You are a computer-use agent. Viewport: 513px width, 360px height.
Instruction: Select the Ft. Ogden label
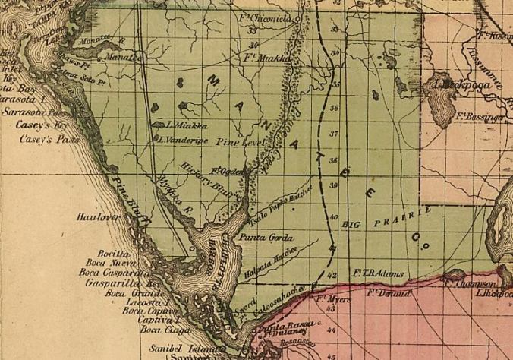[226, 172]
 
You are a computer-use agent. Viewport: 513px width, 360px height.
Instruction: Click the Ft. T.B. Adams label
[376, 272]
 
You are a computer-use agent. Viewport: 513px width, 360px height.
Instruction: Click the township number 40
[334, 218]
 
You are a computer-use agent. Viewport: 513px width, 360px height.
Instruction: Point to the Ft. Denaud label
[388, 292]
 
